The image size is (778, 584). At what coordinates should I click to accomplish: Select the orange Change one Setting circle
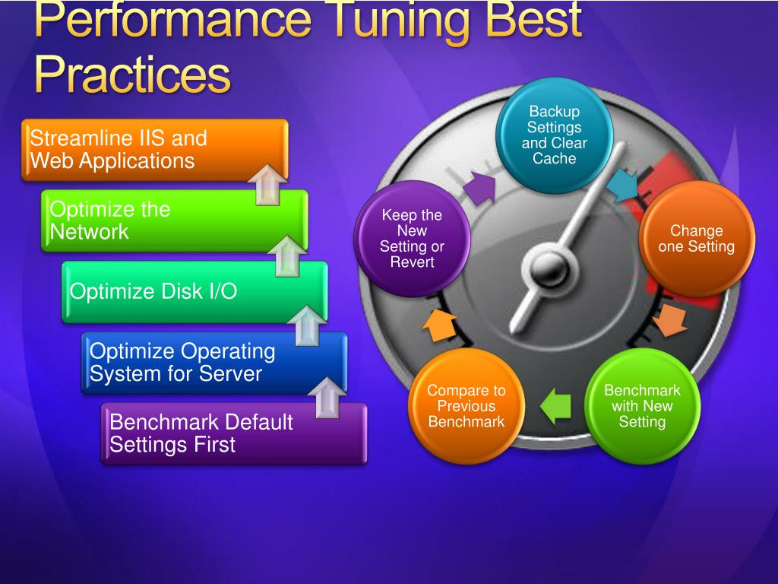click(x=697, y=238)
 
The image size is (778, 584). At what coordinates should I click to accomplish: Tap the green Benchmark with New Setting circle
click(x=642, y=406)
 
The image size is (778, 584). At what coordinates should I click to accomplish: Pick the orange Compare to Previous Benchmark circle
click(x=466, y=406)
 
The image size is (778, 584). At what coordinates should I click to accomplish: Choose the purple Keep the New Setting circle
click(x=412, y=238)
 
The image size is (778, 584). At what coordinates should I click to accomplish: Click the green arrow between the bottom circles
click(x=555, y=406)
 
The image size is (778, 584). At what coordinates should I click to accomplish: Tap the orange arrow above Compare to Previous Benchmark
click(x=438, y=325)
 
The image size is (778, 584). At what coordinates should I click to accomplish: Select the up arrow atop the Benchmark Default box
click(x=327, y=397)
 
